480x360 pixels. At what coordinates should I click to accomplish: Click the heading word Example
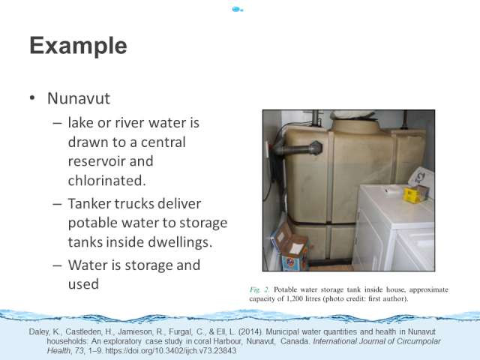point(78,46)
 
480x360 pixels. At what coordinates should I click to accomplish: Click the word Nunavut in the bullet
point(79,98)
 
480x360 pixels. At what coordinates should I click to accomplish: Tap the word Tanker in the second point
point(88,203)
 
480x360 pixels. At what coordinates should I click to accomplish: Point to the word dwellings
point(178,242)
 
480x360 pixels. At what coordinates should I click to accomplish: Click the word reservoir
point(97,161)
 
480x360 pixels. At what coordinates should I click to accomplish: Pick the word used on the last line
point(83,284)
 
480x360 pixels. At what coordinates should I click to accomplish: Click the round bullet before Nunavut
point(32,98)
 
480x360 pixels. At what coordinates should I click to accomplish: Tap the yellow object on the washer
point(411,195)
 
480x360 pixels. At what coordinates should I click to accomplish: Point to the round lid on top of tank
point(356,126)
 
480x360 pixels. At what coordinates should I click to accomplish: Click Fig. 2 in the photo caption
point(259,289)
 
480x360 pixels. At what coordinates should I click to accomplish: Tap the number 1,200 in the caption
point(295,298)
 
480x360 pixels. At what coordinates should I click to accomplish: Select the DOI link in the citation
point(170,350)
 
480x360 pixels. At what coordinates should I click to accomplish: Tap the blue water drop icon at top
point(237,10)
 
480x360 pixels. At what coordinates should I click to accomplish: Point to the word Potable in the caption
point(285,289)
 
